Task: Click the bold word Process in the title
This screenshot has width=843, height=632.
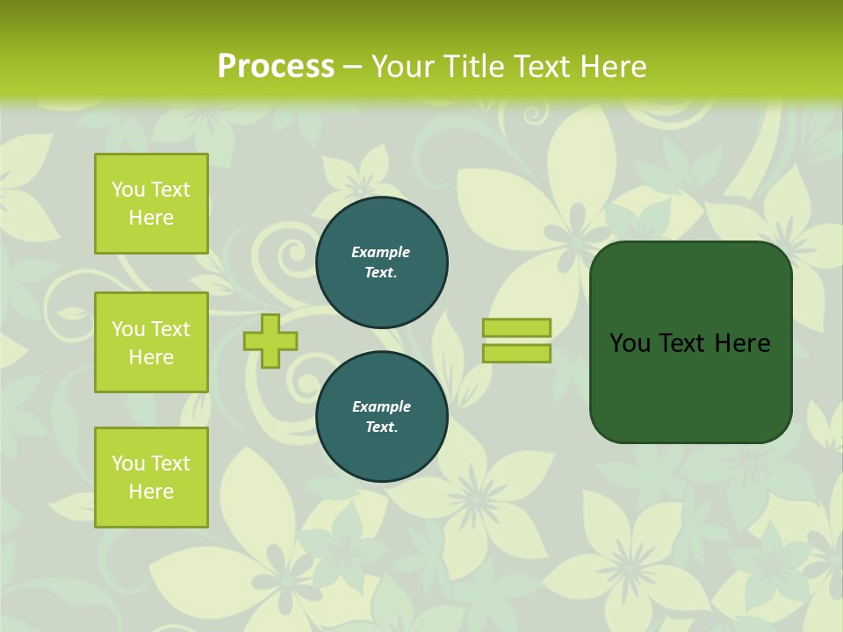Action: (x=276, y=67)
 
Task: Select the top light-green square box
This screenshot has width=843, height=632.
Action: (x=151, y=204)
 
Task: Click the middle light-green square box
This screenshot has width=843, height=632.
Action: (x=151, y=342)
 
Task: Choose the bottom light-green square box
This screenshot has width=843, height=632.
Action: (x=151, y=478)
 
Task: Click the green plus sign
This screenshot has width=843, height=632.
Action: (x=270, y=341)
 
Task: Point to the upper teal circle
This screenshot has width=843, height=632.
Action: (x=382, y=262)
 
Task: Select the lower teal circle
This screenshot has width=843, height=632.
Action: (x=382, y=417)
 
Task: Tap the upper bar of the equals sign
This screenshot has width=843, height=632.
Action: (x=516, y=327)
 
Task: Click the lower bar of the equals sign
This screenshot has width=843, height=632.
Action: (x=516, y=354)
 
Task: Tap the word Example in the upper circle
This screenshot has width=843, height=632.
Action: (x=381, y=253)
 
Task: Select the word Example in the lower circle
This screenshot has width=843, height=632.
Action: (x=381, y=407)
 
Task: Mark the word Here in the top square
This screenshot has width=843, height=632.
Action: (x=151, y=218)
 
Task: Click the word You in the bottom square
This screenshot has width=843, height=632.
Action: (x=128, y=463)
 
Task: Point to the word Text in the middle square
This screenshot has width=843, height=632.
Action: (x=169, y=329)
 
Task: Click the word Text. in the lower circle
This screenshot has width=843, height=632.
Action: (x=381, y=427)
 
